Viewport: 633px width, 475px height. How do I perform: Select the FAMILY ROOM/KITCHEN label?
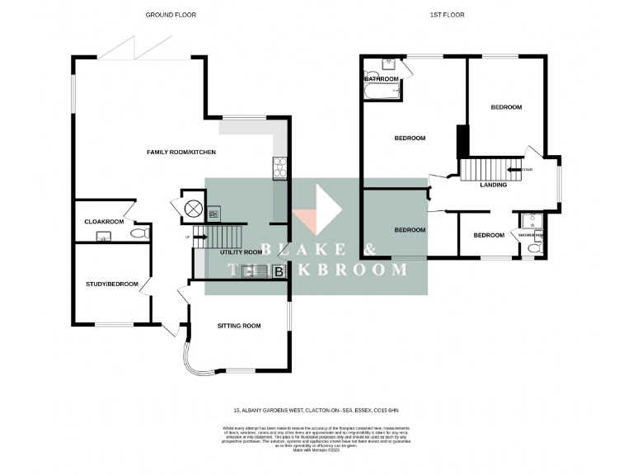(181, 153)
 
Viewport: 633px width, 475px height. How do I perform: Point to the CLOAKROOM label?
(104, 222)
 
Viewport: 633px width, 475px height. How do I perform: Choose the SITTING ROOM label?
(239, 326)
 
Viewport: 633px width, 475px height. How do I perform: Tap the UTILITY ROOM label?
(241, 252)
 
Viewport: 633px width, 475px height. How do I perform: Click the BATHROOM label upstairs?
(382, 79)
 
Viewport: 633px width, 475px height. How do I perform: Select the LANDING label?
(493, 185)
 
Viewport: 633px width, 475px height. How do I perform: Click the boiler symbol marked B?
(279, 271)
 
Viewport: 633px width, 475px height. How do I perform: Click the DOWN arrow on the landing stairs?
(515, 170)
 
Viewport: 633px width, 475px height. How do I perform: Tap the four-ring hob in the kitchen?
(279, 167)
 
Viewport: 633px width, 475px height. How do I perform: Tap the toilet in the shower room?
(535, 247)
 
